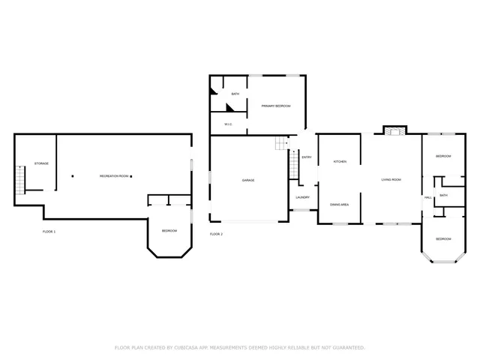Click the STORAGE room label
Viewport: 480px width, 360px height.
(x=41, y=163)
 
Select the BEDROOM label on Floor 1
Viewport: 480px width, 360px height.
(x=169, y=230)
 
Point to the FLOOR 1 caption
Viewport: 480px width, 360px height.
(x=49, y=232)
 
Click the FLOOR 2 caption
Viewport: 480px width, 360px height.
(x=216, y=234)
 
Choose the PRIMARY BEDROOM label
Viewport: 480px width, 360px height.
(x=275, y=106)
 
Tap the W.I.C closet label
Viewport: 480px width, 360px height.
(x=228, y=124)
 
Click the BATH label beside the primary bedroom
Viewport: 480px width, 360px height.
(x=235, y=94)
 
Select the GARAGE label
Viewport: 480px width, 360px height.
(x=247, y=180)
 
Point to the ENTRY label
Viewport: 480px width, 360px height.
(x=306, y=157)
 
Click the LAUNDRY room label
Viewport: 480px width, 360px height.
(x=302, y=197)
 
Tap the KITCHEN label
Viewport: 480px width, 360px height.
(x=339, y=161)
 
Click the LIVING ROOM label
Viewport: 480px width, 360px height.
(x=391, y=179)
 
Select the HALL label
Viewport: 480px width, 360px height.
(x=427, y=197)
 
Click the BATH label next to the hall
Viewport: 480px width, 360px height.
(x=443, y=195)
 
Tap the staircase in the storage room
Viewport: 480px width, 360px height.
(x=20, y=178)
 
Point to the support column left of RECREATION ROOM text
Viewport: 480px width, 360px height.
(x=73, y=176)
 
